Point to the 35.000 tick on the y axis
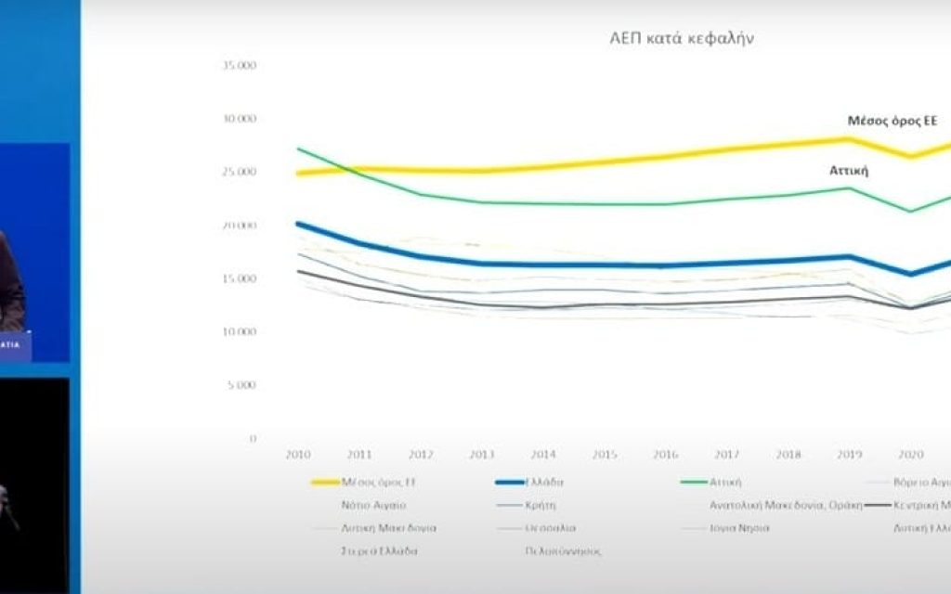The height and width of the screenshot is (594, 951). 239,66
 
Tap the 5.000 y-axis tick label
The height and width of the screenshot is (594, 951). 241,384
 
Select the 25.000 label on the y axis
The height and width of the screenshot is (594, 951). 239,173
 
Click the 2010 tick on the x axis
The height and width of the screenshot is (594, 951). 298,455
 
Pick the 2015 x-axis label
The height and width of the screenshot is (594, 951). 605,455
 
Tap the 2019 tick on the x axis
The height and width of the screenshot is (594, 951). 849,455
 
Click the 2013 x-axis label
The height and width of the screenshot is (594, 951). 482,455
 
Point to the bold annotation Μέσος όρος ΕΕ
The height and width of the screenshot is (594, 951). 892,122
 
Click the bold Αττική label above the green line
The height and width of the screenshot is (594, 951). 848,171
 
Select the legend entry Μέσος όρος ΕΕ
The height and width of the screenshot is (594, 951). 376,483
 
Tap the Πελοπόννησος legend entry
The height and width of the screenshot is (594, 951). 564,550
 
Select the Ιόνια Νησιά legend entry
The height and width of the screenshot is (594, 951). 738,527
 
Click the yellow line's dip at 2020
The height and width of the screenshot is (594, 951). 910,156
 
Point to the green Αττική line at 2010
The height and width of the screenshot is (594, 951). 298,148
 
